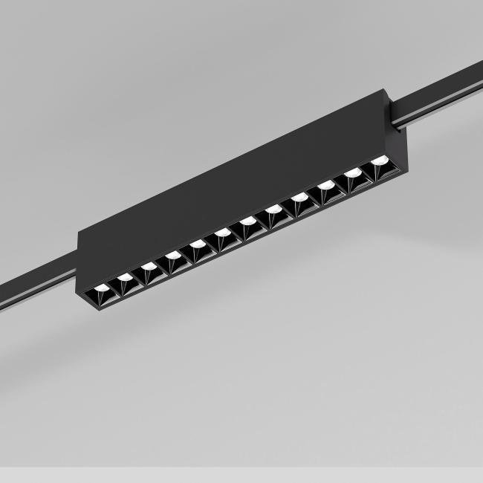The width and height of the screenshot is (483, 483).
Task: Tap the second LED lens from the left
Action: coord(125,276)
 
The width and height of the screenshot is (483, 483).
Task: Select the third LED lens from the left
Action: coord(149,265)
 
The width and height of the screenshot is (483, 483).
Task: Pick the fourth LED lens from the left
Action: coord(172,255)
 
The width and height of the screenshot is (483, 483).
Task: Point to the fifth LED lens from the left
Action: coord(197,244)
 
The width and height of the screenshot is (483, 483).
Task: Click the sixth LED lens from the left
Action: coord(221,233)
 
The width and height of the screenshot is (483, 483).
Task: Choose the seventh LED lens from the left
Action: coord(247,221)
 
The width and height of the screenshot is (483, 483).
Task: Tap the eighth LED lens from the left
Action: coord(273,210)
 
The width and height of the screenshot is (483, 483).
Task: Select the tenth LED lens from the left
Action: coord(325,185)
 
